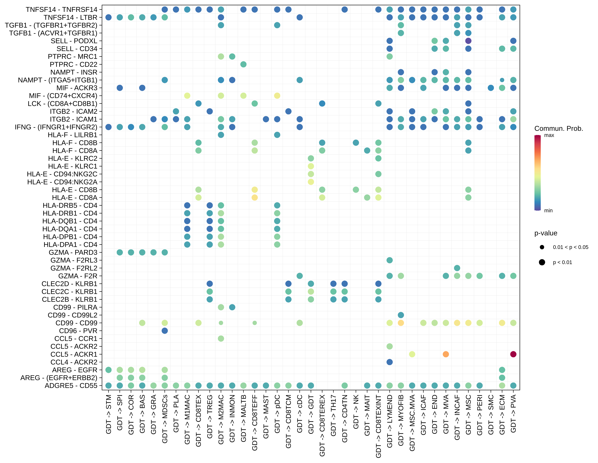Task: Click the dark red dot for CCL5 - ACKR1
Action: tap(513, 354)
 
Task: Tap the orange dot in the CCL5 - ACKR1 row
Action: tap(446, 354)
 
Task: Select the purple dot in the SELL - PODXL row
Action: tap(468, 41)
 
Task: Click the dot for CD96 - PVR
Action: tap(165, 331)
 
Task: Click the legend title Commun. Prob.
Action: tap(559, 129)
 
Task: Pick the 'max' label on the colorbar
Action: tap(549, 135)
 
